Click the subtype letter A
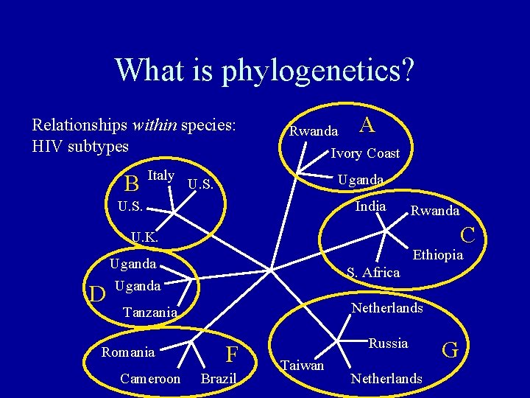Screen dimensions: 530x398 tap(367, 125)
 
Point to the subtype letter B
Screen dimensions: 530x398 tap(132, 181)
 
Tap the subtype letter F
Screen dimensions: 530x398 tap(232, 355)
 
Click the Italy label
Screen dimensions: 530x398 tap(160, 175)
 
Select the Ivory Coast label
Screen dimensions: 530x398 tap(365, 153)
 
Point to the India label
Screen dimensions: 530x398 tap(370, 206)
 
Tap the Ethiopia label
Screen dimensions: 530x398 tap(438, 256)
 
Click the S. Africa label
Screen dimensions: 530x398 tap(373, 273)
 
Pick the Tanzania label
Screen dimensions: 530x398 tap(150, 313)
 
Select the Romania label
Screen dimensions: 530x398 tap(128, 352)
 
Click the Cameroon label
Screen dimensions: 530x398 tap(150, 379)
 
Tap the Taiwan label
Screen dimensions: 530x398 tap(302, 365)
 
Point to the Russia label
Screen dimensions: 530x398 tap(388, 343)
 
